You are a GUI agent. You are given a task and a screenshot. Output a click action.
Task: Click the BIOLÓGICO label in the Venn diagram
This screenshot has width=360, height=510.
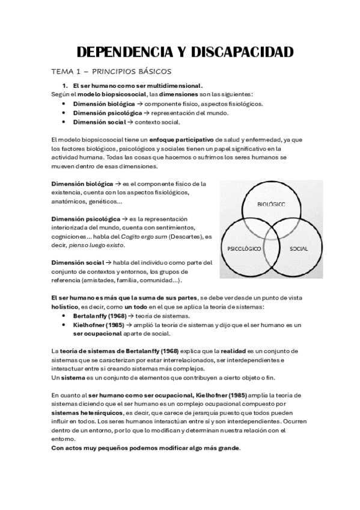[271, 204]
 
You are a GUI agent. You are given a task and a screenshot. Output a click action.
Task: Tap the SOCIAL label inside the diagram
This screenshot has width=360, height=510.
[299, 248]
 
